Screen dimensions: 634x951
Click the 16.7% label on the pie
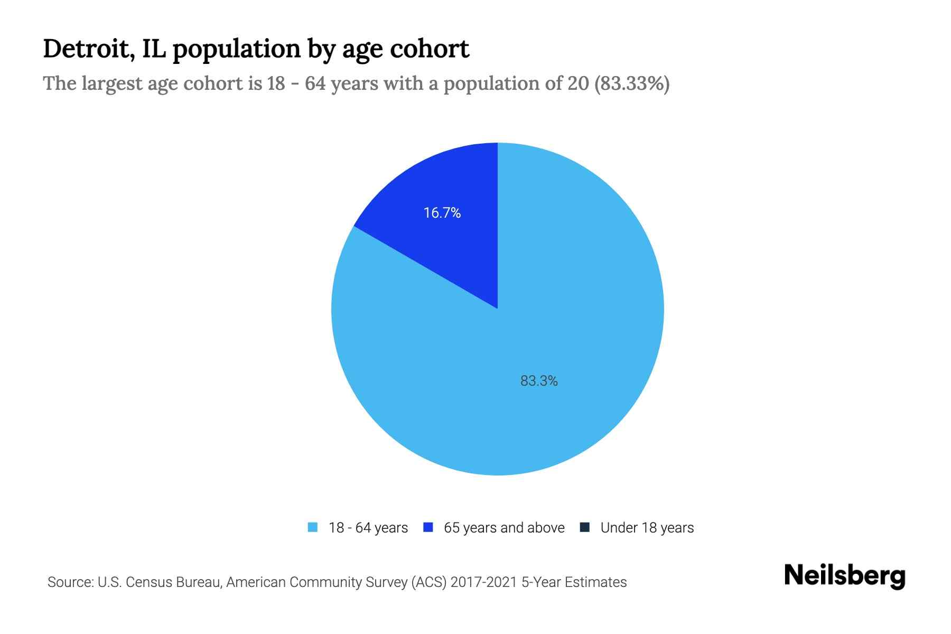point(442,213)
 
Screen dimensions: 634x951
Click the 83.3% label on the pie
point(539,381)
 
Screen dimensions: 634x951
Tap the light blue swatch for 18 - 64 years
point(313,527)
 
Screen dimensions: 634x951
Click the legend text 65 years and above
point(504,528)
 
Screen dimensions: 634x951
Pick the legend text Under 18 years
point(647,528)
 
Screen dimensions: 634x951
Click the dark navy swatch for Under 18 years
point(585,527)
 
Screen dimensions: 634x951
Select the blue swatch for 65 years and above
point(428,527)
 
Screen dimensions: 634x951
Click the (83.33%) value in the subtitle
point(632,83)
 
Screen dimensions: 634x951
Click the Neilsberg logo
point(844,576)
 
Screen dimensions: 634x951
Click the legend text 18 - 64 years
point(368,528)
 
